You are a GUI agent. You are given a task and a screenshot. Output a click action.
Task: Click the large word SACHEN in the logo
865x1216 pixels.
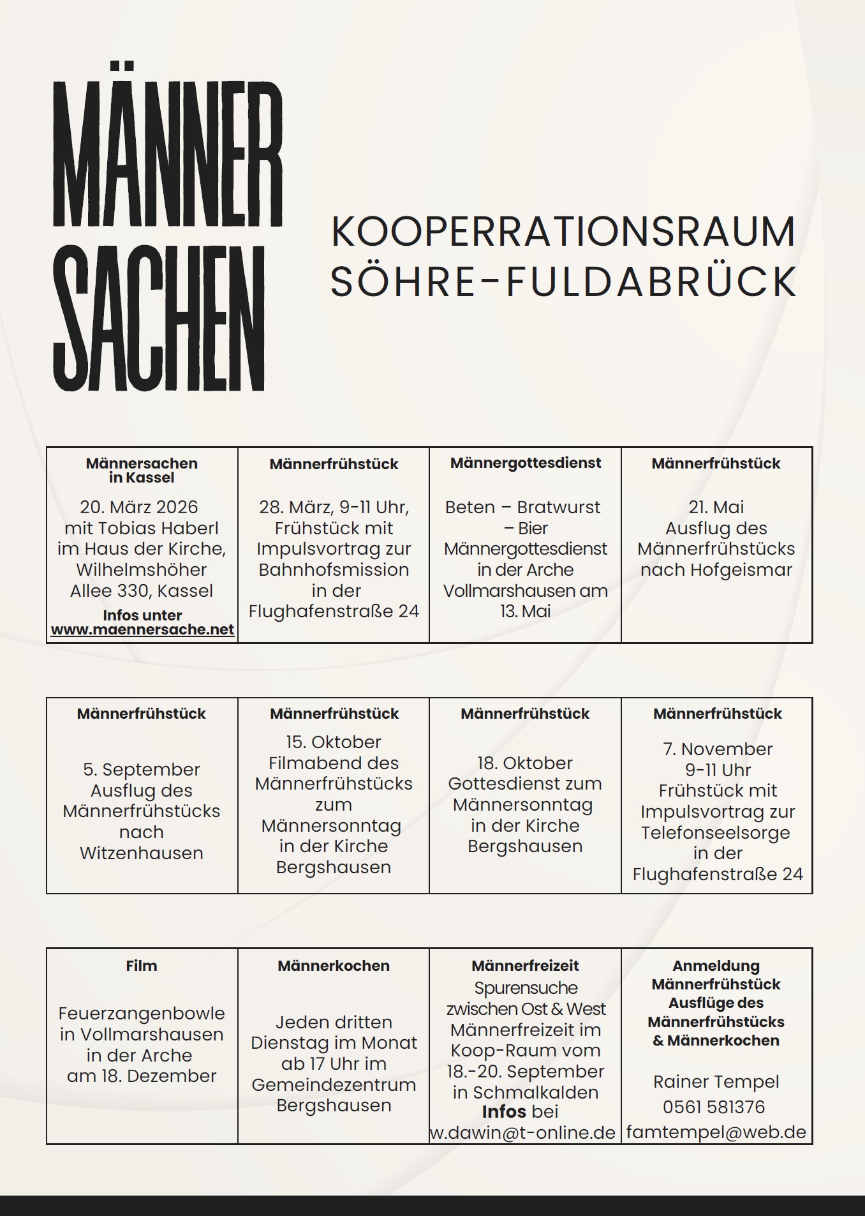point(159,319)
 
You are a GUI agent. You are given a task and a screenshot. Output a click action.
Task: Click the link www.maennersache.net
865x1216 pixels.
point(142,629)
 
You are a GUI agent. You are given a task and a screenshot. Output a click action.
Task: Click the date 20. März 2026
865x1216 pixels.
point(139,507)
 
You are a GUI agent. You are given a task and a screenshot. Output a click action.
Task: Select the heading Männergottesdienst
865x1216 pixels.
point(526,463)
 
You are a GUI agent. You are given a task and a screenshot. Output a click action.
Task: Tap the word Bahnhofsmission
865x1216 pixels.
point(334,569)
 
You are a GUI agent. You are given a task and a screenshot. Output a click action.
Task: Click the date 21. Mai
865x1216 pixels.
point(716,507)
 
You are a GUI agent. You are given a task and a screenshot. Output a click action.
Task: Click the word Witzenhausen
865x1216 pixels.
point(142,853)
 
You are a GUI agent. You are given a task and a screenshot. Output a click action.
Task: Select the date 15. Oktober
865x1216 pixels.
point(334,742)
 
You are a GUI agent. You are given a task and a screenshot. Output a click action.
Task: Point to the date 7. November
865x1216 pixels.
point(718,749)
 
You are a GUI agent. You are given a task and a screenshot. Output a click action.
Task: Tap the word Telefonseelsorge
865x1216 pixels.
point(716,832)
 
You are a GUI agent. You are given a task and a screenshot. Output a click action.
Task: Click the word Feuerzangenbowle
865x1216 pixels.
point(142,1013)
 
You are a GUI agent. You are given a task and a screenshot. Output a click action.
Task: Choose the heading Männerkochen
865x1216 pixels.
point(334,966)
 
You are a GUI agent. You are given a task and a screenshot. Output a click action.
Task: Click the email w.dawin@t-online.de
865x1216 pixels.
point(523,1132)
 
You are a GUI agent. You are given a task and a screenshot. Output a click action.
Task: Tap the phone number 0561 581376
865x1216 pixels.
point(714,1107)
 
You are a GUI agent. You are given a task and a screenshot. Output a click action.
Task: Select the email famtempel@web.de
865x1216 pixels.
point(716,1132)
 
